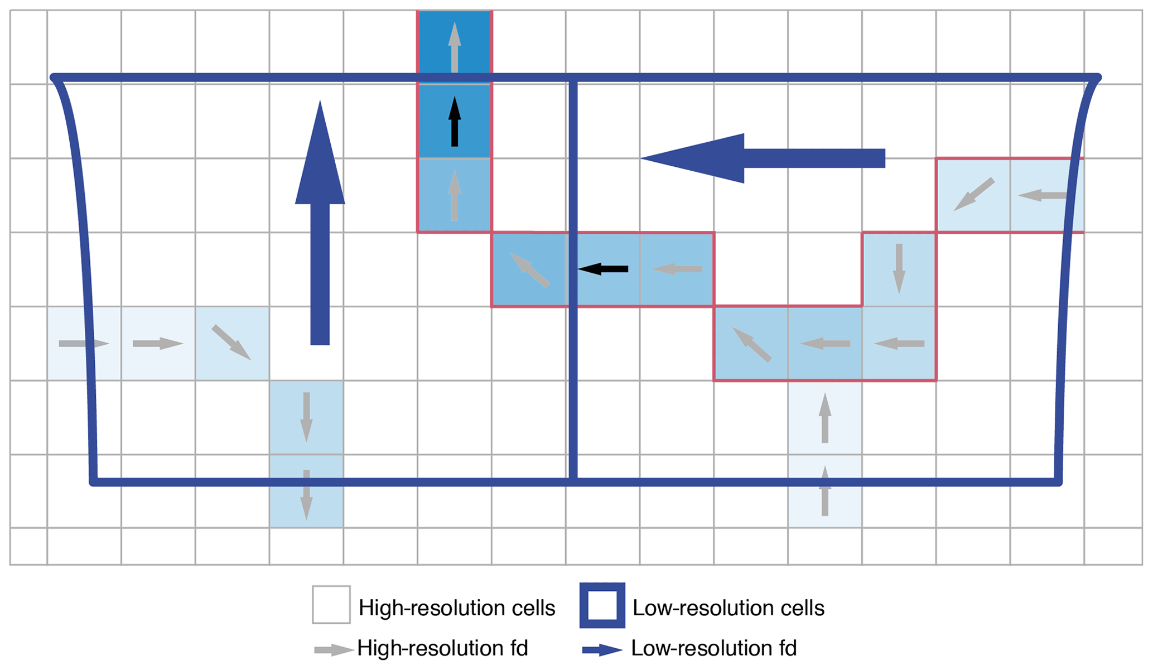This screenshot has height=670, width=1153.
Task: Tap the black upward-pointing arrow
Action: (x=455, y=122)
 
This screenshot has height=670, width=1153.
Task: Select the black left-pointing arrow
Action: (x=603, y=269)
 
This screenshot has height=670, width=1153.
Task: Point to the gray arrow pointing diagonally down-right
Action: (x=231, y=342)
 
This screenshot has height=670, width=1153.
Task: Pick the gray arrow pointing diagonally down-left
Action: (x=974, y=194)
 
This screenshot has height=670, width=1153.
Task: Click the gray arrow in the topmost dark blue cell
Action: (x=455, y=47)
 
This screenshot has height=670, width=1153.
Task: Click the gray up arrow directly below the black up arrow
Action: (x=455, y=195)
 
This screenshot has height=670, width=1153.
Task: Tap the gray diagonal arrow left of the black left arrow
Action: (x=529, y=269)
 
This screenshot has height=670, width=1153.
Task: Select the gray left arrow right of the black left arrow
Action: (x=677, y=269)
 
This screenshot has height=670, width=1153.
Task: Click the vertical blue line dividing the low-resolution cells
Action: (x=573, y=279)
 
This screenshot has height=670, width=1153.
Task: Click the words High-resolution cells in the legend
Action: (x=456, y=608)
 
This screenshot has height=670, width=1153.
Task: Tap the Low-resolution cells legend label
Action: (x=728, y=608)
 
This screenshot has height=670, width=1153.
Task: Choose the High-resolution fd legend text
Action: (x=442, y=648)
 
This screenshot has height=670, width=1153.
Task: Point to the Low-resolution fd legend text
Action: (x=713, y=648)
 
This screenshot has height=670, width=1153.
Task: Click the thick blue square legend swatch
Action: (x=602, y=605)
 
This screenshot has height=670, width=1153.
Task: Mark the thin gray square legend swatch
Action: (x=331, y=605)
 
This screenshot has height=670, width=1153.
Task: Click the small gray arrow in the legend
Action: (x=334, y=650)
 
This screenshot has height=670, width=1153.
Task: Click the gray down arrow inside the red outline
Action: (x=899, y=268)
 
